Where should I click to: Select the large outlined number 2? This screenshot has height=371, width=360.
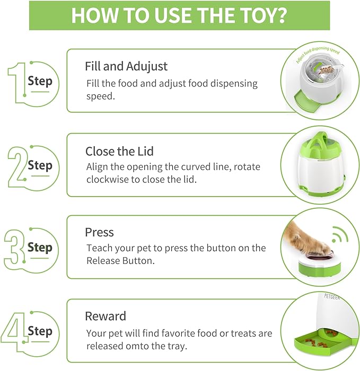[x=16, y=167]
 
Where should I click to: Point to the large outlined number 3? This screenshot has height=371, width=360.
[x=14, y=247]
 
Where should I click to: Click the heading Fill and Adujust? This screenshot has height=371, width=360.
[x=126, y=66]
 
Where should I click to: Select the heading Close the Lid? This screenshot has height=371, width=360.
[x=119, y=151]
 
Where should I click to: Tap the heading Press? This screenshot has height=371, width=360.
[x=99, y=233]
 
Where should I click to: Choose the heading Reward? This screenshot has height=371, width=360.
[x=106, y=316]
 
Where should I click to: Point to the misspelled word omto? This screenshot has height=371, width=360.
[x=137, y=346]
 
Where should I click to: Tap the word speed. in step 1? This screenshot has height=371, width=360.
[x=100, y=97]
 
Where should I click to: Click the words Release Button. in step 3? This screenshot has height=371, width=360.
[x=120, y=261]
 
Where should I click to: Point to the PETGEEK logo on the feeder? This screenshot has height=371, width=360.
[x=332, y=297]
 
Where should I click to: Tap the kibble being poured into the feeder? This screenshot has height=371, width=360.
[x=326, y=70]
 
